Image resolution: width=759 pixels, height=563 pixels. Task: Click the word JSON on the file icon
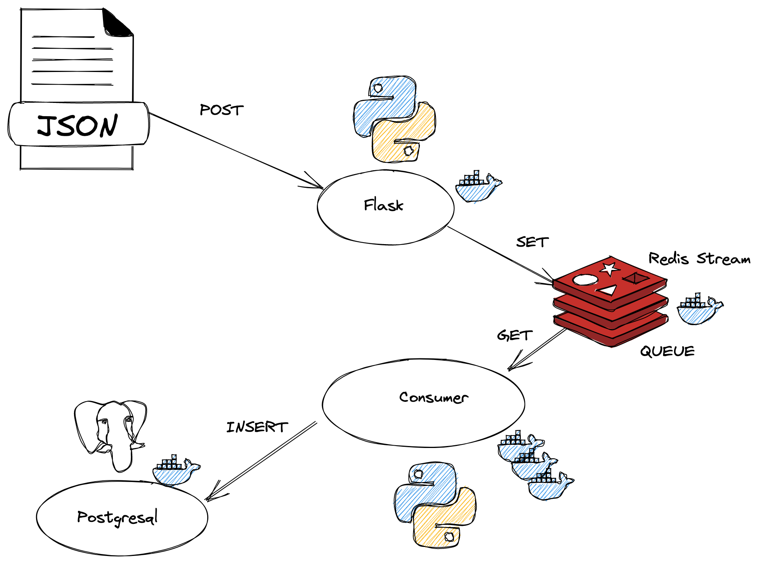tap(77, 126)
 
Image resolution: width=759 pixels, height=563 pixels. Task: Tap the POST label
tap(222, 110)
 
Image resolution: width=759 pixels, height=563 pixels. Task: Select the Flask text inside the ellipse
tap(383, 205)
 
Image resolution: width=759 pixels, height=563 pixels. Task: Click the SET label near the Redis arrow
tap(532, 242)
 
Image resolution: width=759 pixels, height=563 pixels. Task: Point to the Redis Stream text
tap(699, 259)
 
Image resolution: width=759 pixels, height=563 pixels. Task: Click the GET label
tap(514, 336)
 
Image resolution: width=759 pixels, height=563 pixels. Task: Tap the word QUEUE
tap(667, 351)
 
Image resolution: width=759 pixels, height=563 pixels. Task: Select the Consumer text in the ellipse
tap(434, 398)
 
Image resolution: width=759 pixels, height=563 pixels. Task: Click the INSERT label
tap(257, 427)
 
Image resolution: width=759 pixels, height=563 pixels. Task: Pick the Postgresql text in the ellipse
tap(117, 517)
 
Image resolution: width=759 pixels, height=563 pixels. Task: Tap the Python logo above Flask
tap(394, 119)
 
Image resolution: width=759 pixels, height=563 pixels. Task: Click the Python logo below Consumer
tap(435, 505)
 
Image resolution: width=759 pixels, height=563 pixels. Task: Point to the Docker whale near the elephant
tap(175, 471)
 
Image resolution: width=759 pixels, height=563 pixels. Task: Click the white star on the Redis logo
tap(609, 269)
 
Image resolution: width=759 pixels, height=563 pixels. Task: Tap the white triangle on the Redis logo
tap(607, 290)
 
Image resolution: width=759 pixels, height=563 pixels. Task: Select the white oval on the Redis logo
tap(585, 280)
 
